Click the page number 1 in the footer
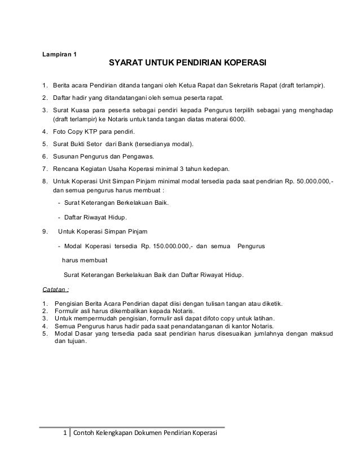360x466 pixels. tap(64, 433)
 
